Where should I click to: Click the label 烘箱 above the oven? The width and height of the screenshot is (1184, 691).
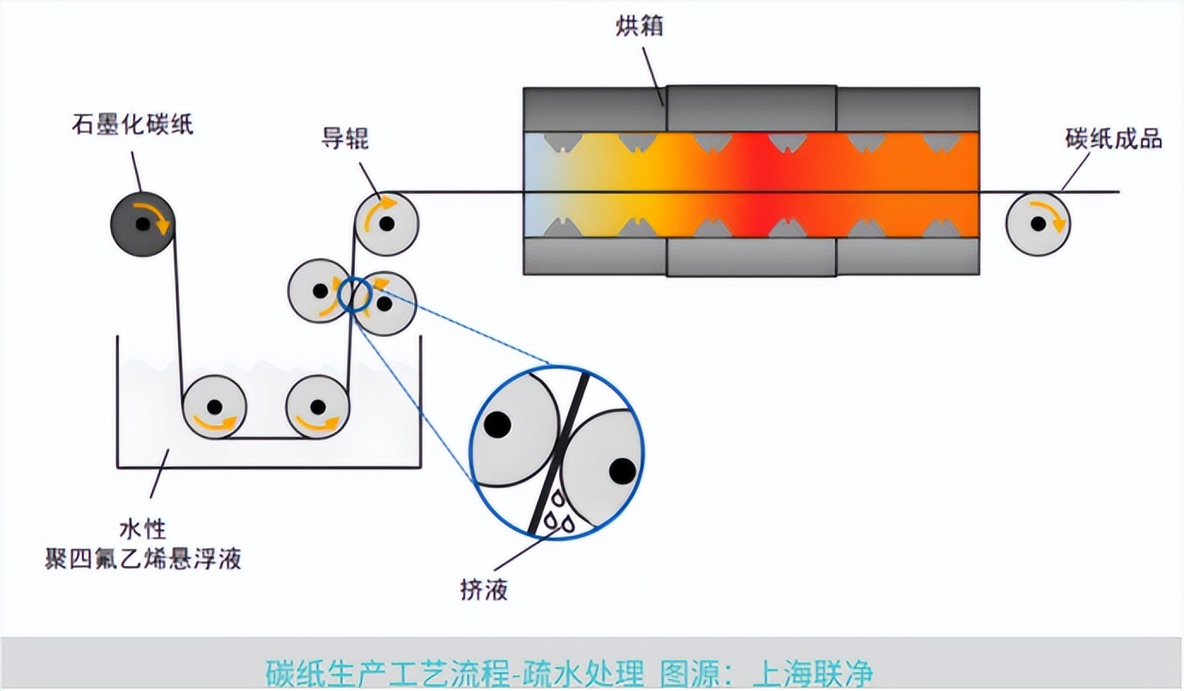click(x=639, y=27)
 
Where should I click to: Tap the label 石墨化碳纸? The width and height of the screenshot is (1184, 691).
click(x=133, y=125)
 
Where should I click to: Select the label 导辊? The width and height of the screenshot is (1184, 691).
click(x=345, y=138)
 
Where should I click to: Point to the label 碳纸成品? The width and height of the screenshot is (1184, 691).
click(x=1114, y=139)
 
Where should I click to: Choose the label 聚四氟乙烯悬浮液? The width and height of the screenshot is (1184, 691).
click(x=143, y=560)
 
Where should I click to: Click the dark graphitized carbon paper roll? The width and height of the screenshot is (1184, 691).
click(x=142, y=224)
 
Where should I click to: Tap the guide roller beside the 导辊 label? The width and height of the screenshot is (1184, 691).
click(x=387, y=224)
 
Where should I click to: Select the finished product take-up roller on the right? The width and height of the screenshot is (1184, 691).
click(x=1038, y=223)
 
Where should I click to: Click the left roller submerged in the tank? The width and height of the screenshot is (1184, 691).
click(x=214, y=407)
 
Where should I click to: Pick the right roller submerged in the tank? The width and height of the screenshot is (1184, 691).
click(x=317, y=407)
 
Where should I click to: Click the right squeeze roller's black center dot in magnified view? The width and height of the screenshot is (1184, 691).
click(x=622, y=470)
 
